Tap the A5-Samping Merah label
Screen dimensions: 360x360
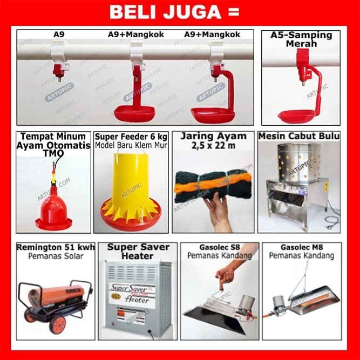point(301,39)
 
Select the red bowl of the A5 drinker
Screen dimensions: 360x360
point(296,115)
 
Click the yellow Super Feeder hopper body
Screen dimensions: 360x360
point(130,176)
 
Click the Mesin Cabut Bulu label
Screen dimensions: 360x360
point(299,135)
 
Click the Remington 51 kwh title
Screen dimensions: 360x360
point(56,248)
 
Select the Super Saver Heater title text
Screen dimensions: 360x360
point(137,251)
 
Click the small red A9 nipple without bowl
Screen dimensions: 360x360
point(58,71)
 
